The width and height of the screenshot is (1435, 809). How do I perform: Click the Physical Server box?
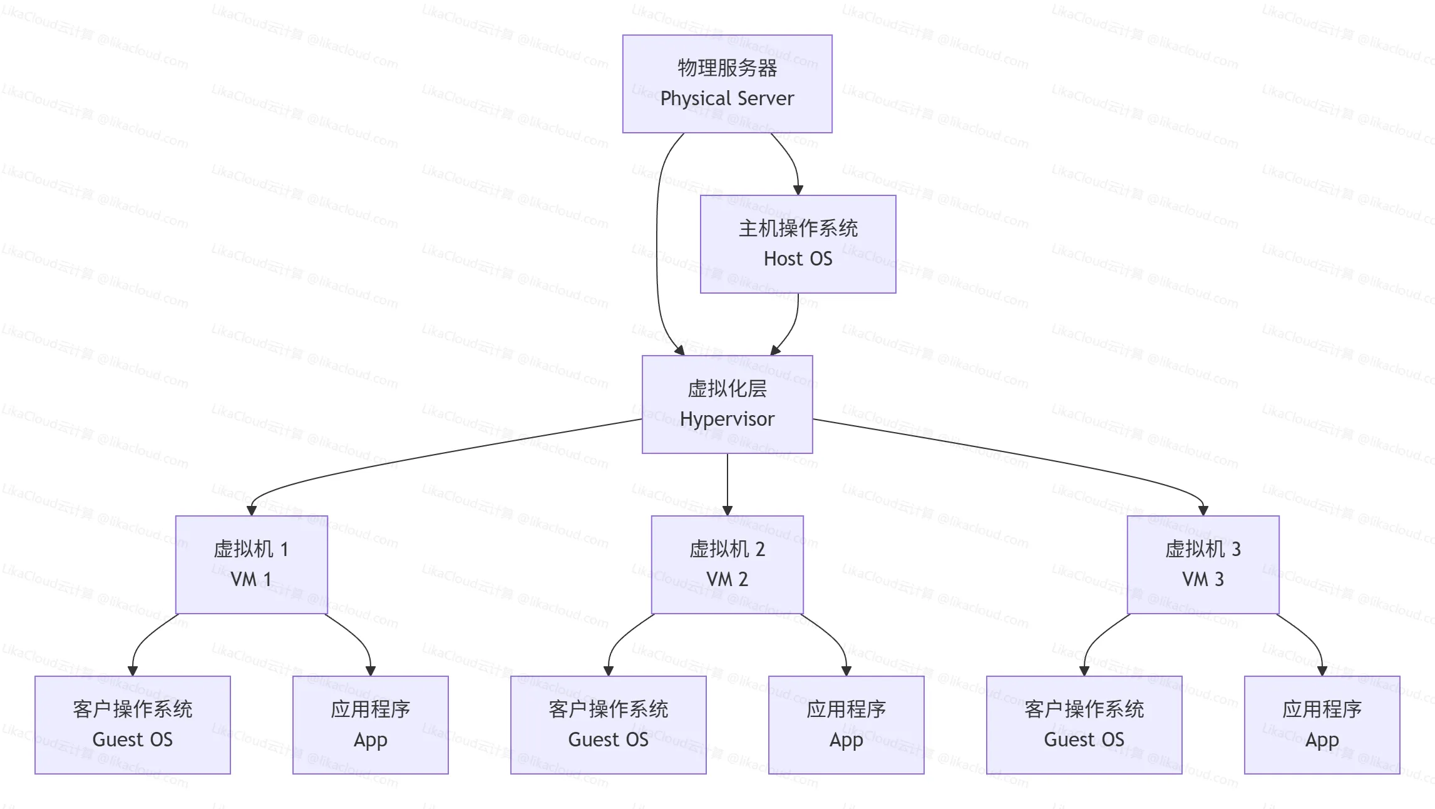point(727,84)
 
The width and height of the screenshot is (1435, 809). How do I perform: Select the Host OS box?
point(798,244)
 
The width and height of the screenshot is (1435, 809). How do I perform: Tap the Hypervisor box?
point(727,404)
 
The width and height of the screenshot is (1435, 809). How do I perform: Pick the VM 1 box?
point(251,565)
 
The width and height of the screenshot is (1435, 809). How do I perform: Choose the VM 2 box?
point(727,565)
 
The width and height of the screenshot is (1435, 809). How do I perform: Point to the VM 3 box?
point(1203,565)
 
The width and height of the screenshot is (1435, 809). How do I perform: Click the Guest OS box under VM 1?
point(132,725)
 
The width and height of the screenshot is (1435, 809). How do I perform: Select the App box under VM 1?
point(370,725)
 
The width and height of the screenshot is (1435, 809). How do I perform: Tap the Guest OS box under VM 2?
point(608,725)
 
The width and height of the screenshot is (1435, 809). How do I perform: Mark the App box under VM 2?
point(846,725)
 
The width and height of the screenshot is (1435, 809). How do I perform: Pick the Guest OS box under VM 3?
point(1084,725)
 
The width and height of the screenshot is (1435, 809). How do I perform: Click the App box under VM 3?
point(1322,725)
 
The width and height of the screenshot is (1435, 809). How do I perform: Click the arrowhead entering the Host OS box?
point(798,190)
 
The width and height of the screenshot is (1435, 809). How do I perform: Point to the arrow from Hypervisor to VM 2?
point(727,482)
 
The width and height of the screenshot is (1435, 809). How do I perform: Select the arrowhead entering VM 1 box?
point(252,510)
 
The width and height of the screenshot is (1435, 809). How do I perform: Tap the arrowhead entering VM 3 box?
point(1203,510)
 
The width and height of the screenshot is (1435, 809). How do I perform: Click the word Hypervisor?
point(727,419)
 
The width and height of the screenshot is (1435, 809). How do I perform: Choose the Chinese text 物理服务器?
point(727,68)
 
